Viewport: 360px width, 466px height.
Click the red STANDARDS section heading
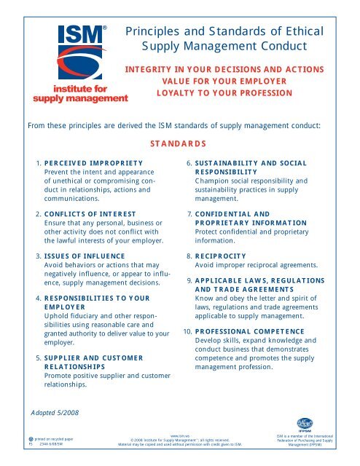click(x=179, y=143)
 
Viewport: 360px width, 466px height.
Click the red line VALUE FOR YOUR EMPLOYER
click(x=208, y=82)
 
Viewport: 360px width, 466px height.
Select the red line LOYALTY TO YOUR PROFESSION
click(x=208, y=94)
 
